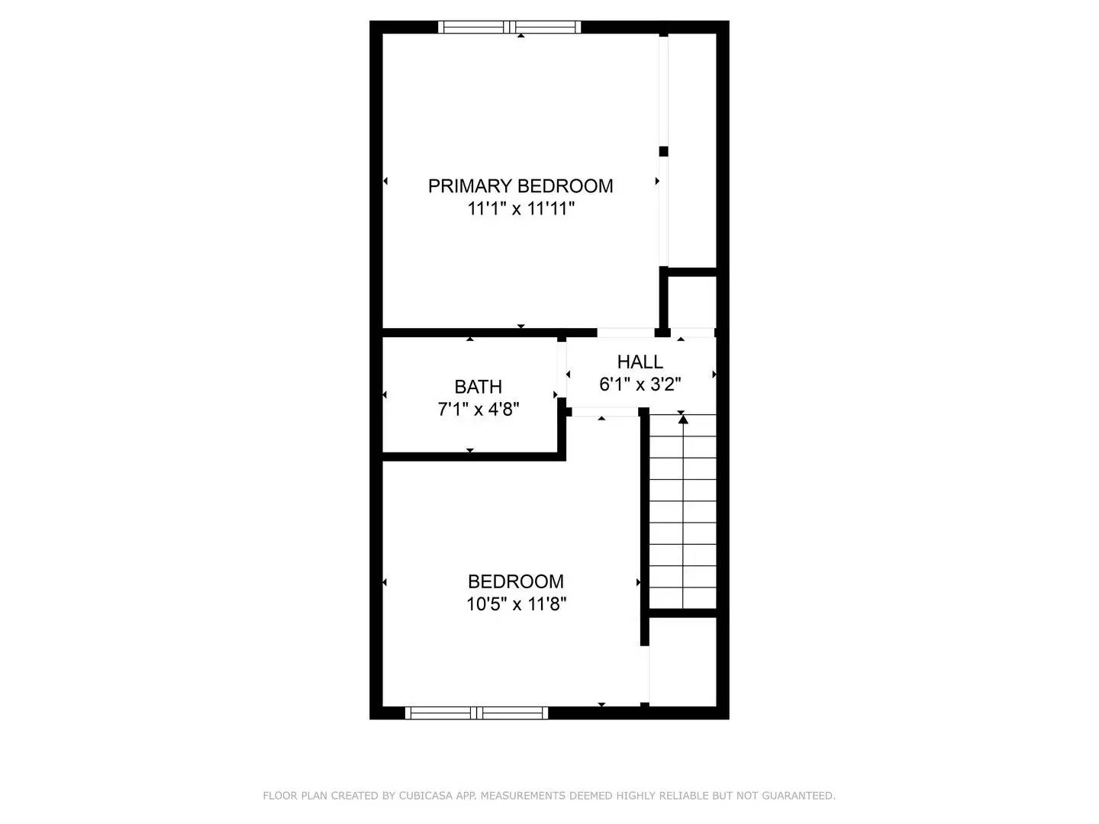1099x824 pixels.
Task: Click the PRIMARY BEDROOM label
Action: pos(520,186)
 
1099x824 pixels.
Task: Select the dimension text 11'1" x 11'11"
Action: pos(520,208)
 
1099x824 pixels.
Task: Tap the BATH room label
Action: pos(478,387)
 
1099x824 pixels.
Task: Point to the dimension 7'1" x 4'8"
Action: pos(478,410)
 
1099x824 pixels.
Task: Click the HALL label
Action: pos(640,362)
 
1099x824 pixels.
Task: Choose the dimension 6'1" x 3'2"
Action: pos(640,385)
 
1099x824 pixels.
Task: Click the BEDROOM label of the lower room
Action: pos(516,582)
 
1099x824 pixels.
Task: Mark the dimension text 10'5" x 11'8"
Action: pos(516,605)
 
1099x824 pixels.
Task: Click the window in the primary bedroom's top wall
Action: pos(510,27)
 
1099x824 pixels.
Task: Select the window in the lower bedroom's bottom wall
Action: pos(476,713)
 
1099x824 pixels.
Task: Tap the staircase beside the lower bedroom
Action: pos(682,511)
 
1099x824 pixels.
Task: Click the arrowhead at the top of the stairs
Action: pos(683,418)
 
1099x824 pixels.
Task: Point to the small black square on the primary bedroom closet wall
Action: pos(663,151)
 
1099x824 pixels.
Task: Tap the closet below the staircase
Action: pos(683,661)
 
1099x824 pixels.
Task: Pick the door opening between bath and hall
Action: pos(562,374)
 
